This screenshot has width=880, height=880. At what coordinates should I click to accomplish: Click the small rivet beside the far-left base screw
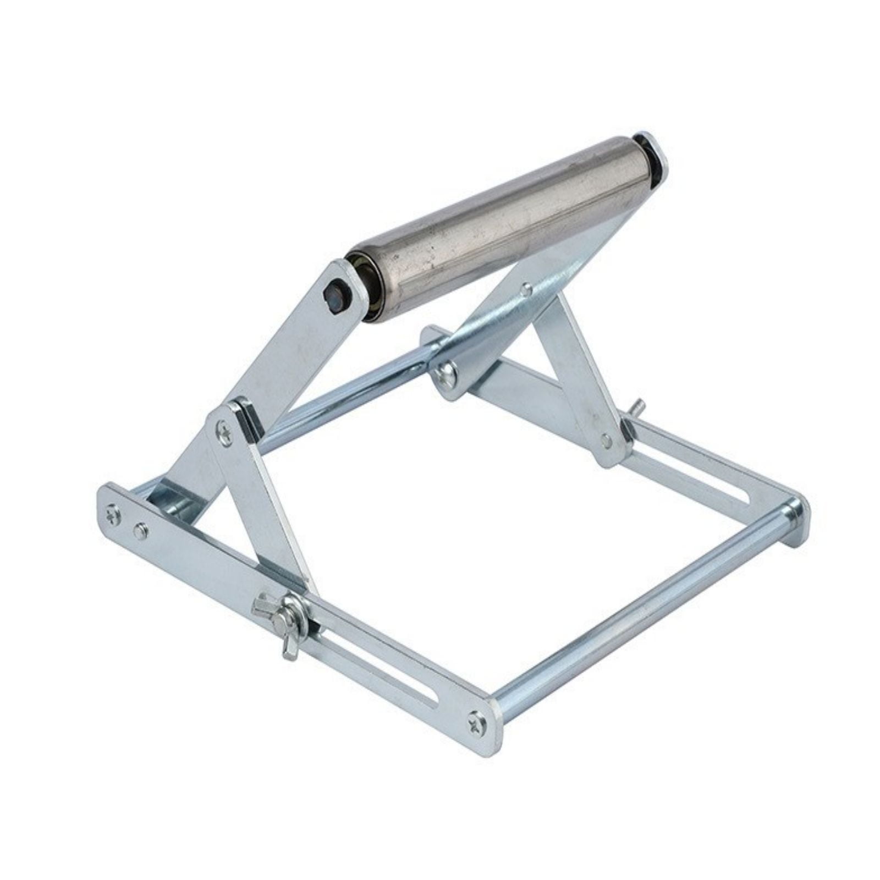tap(141, 530)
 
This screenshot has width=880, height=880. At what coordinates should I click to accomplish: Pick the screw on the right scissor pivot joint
tap(447, 376)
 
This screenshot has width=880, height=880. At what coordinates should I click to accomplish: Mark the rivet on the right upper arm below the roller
tap(526, 288)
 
